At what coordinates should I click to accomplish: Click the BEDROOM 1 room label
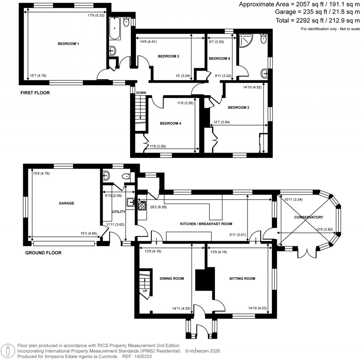click(x=68, y=44)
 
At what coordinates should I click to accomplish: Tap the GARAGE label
click(x=66, y=203)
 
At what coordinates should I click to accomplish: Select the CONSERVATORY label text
click(x=309, y=217)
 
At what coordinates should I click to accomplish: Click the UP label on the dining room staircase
click(x=145, y=291)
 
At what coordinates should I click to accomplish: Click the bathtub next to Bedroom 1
click(x=115, y=29)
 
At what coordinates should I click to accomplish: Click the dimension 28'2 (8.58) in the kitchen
click(x=157, y=207)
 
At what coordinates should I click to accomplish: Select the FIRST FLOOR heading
click(x=35, y=93)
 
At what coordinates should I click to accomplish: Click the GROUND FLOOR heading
click(x=43, y=253)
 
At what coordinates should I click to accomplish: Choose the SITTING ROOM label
click(x=242, y=279)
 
